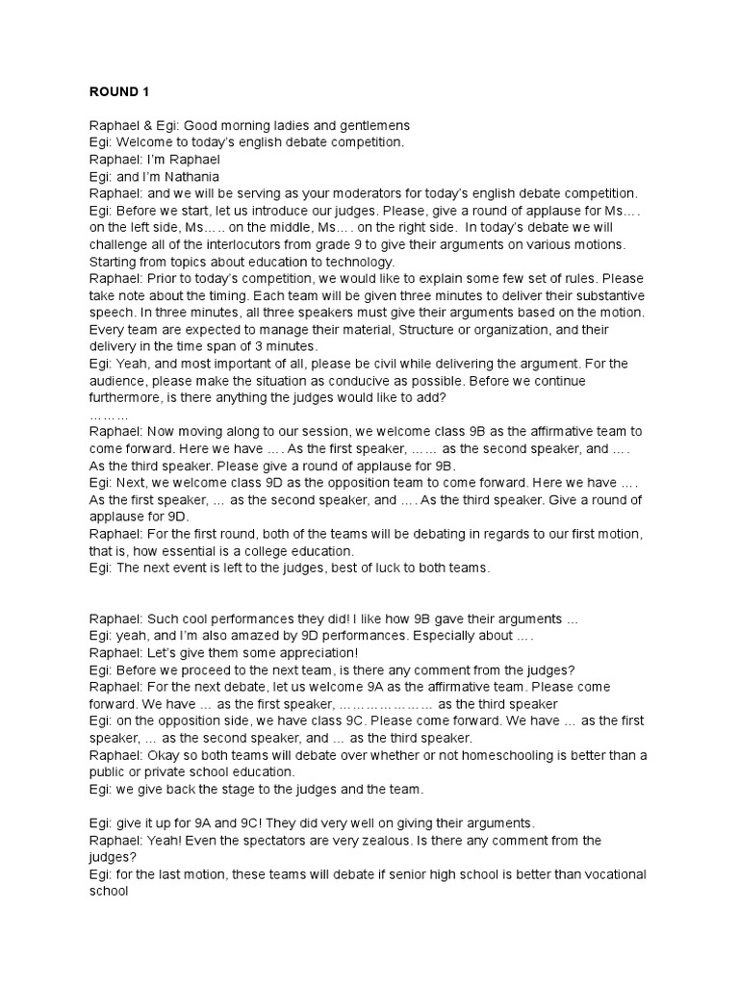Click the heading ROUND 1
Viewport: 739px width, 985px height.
coord(119,92)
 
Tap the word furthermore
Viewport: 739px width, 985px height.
coord(131,398)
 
